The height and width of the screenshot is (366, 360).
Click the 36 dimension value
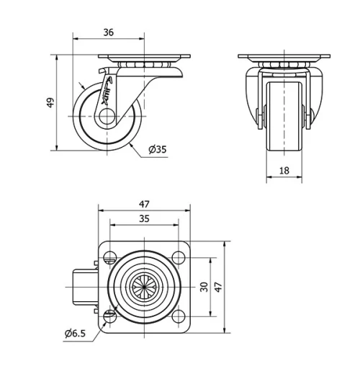[x=108, y=31]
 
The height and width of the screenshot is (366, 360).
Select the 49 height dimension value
[x=50, y=102]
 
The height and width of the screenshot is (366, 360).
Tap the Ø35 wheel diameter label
[x=158, y=150]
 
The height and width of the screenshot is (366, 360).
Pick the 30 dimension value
[x=204, y=287]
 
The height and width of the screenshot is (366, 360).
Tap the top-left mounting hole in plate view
[x=109, y=256]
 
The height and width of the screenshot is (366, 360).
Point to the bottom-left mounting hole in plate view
[x=109, y=316]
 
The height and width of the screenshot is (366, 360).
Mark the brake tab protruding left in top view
[x=85, y=286]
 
